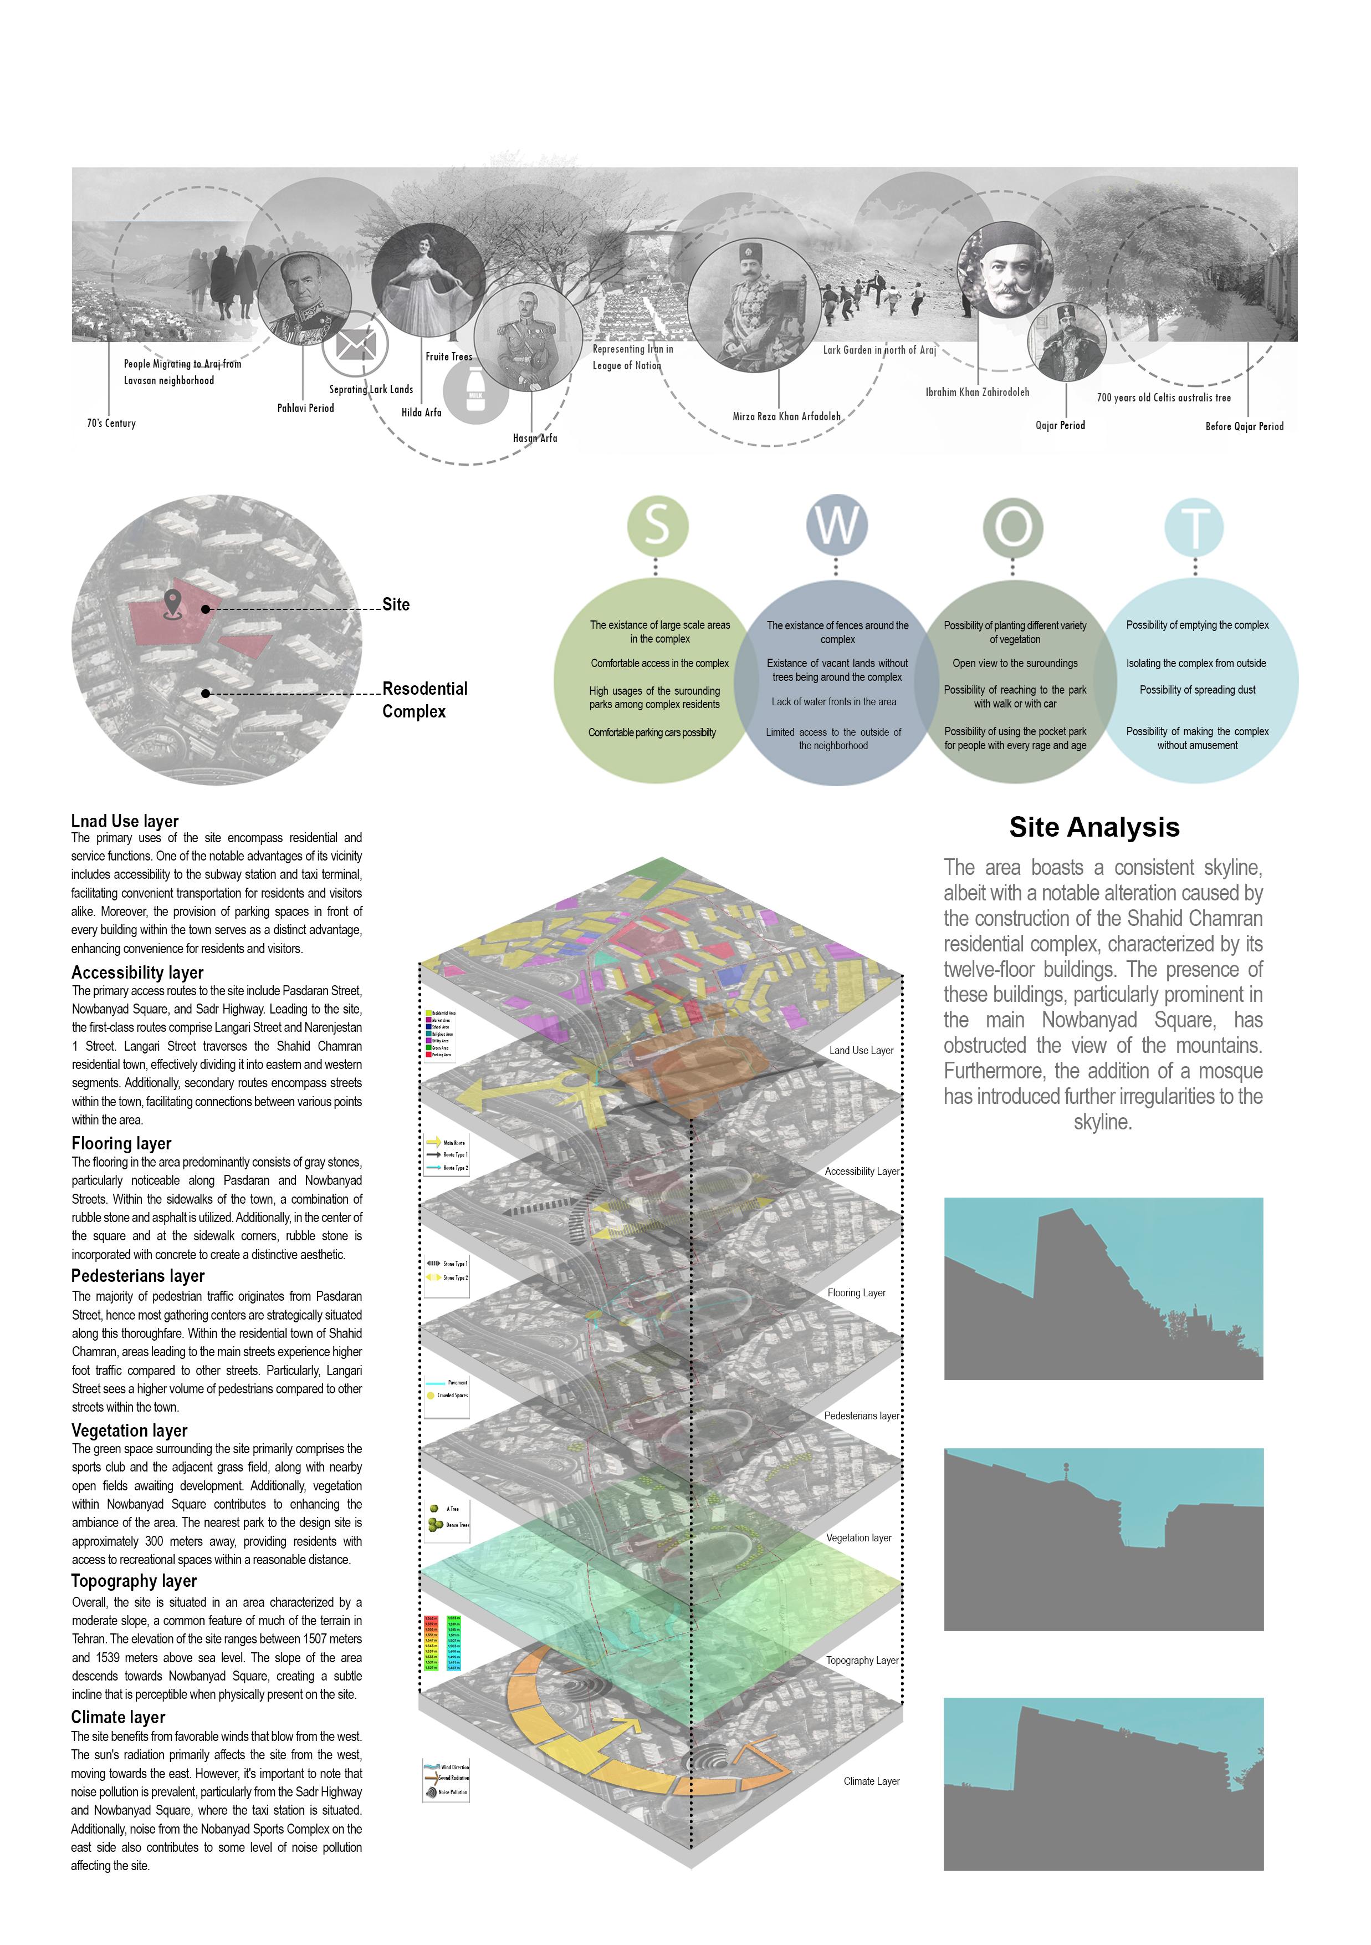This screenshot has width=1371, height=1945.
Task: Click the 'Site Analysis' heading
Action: point(1093,828)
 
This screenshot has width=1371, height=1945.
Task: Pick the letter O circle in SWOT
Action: point(1013,526)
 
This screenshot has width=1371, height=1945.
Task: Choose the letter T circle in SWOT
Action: point(1194,527)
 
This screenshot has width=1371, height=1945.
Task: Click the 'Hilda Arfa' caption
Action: point(421,413)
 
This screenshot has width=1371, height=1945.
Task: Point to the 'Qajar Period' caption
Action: point(1060,425)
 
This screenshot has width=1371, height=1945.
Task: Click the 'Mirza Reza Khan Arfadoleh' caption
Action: point(786,417)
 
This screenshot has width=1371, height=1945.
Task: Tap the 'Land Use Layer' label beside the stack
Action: point(861,1051)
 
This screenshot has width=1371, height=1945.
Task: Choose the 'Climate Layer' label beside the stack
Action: point(871,1781)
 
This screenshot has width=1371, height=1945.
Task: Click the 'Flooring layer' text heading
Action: point(121,1144)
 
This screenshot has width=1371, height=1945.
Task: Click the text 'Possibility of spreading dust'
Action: point(1196,690)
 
